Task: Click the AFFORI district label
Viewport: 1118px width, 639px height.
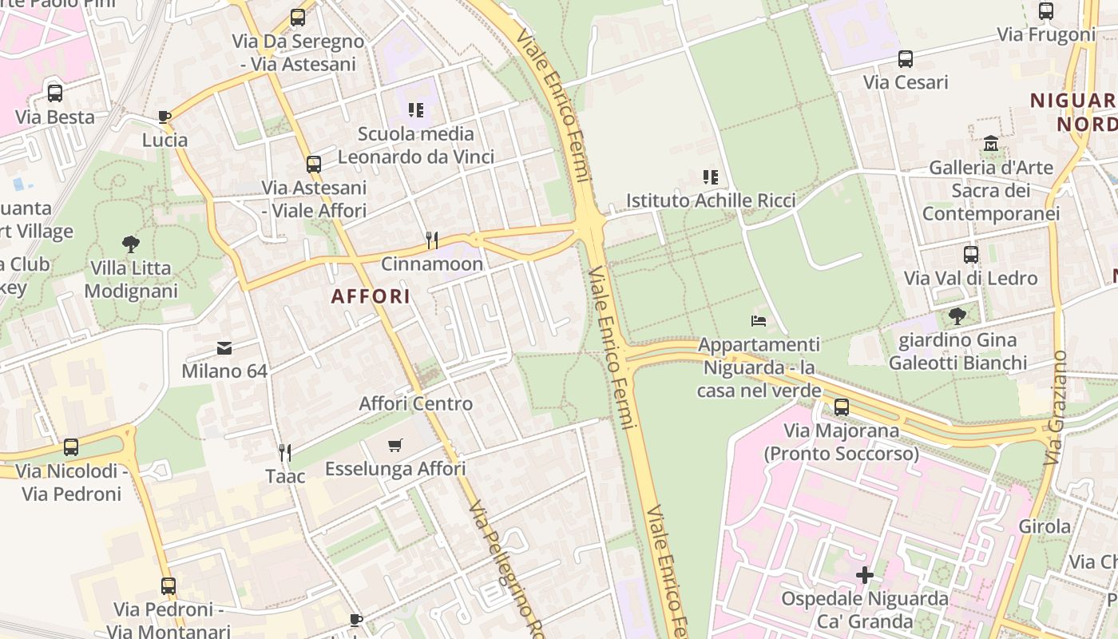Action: (371, 296)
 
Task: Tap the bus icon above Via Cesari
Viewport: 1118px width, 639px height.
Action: (905, 59)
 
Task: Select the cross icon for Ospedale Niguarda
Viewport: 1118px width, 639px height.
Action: (864, 575)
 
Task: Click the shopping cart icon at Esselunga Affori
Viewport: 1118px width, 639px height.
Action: (394, 445)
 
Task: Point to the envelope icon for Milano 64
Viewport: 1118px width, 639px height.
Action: (224, 348)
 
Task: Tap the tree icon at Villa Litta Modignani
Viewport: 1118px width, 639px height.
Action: (131, 244)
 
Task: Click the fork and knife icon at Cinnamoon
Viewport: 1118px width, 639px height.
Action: (431, 240)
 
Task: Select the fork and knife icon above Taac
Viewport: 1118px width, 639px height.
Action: (284, 453)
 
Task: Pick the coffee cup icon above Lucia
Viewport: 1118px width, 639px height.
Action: (165, 117)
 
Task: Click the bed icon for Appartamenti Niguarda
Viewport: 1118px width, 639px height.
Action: (759, 321)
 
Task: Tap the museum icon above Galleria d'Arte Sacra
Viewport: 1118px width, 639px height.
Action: (991, 144)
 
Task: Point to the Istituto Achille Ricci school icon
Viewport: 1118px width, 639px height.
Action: (710, 177)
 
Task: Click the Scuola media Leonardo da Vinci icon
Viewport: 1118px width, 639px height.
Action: (415, 109)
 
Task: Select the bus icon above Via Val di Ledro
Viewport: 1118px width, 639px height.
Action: (970, 255)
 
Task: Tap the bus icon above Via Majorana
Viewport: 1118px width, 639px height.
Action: (841, 407)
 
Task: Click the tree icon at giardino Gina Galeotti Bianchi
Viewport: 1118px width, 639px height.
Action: (957, 316)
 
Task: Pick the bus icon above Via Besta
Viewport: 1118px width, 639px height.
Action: (54, 93)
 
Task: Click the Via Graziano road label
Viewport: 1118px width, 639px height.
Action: (1056, 407)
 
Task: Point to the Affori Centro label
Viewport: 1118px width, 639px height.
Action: (415, 403)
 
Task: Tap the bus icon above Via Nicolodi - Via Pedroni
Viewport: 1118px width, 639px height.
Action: (71, 447)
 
